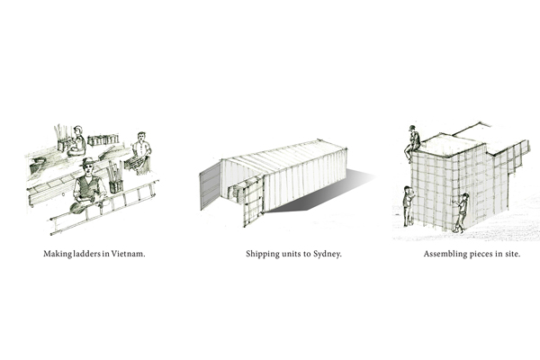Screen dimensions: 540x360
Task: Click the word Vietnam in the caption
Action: pos(128,254)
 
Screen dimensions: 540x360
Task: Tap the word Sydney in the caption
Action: pos(328,254)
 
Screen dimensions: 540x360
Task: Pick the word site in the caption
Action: pos(512,254)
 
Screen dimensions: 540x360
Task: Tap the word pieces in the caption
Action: pos(481,254)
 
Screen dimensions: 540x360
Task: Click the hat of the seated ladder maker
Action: pos(88,162)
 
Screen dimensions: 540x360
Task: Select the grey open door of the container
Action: pos(210,185)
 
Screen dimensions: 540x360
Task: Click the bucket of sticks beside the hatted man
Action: pos(114,179)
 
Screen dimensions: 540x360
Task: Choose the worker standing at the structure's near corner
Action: pos(462,212)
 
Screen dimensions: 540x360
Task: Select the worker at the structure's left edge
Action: pos(409,206)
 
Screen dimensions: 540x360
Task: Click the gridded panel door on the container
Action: pos(253,202)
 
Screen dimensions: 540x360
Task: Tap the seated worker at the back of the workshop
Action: pos(77,141)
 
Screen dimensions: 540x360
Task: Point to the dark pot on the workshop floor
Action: pos(37,166)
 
